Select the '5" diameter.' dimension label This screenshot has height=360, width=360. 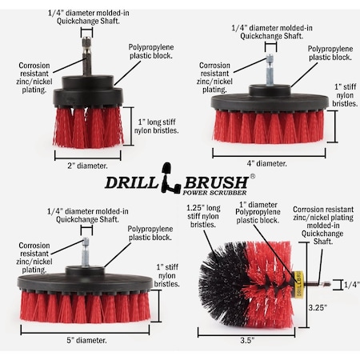88,340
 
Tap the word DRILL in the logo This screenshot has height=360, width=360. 132,181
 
